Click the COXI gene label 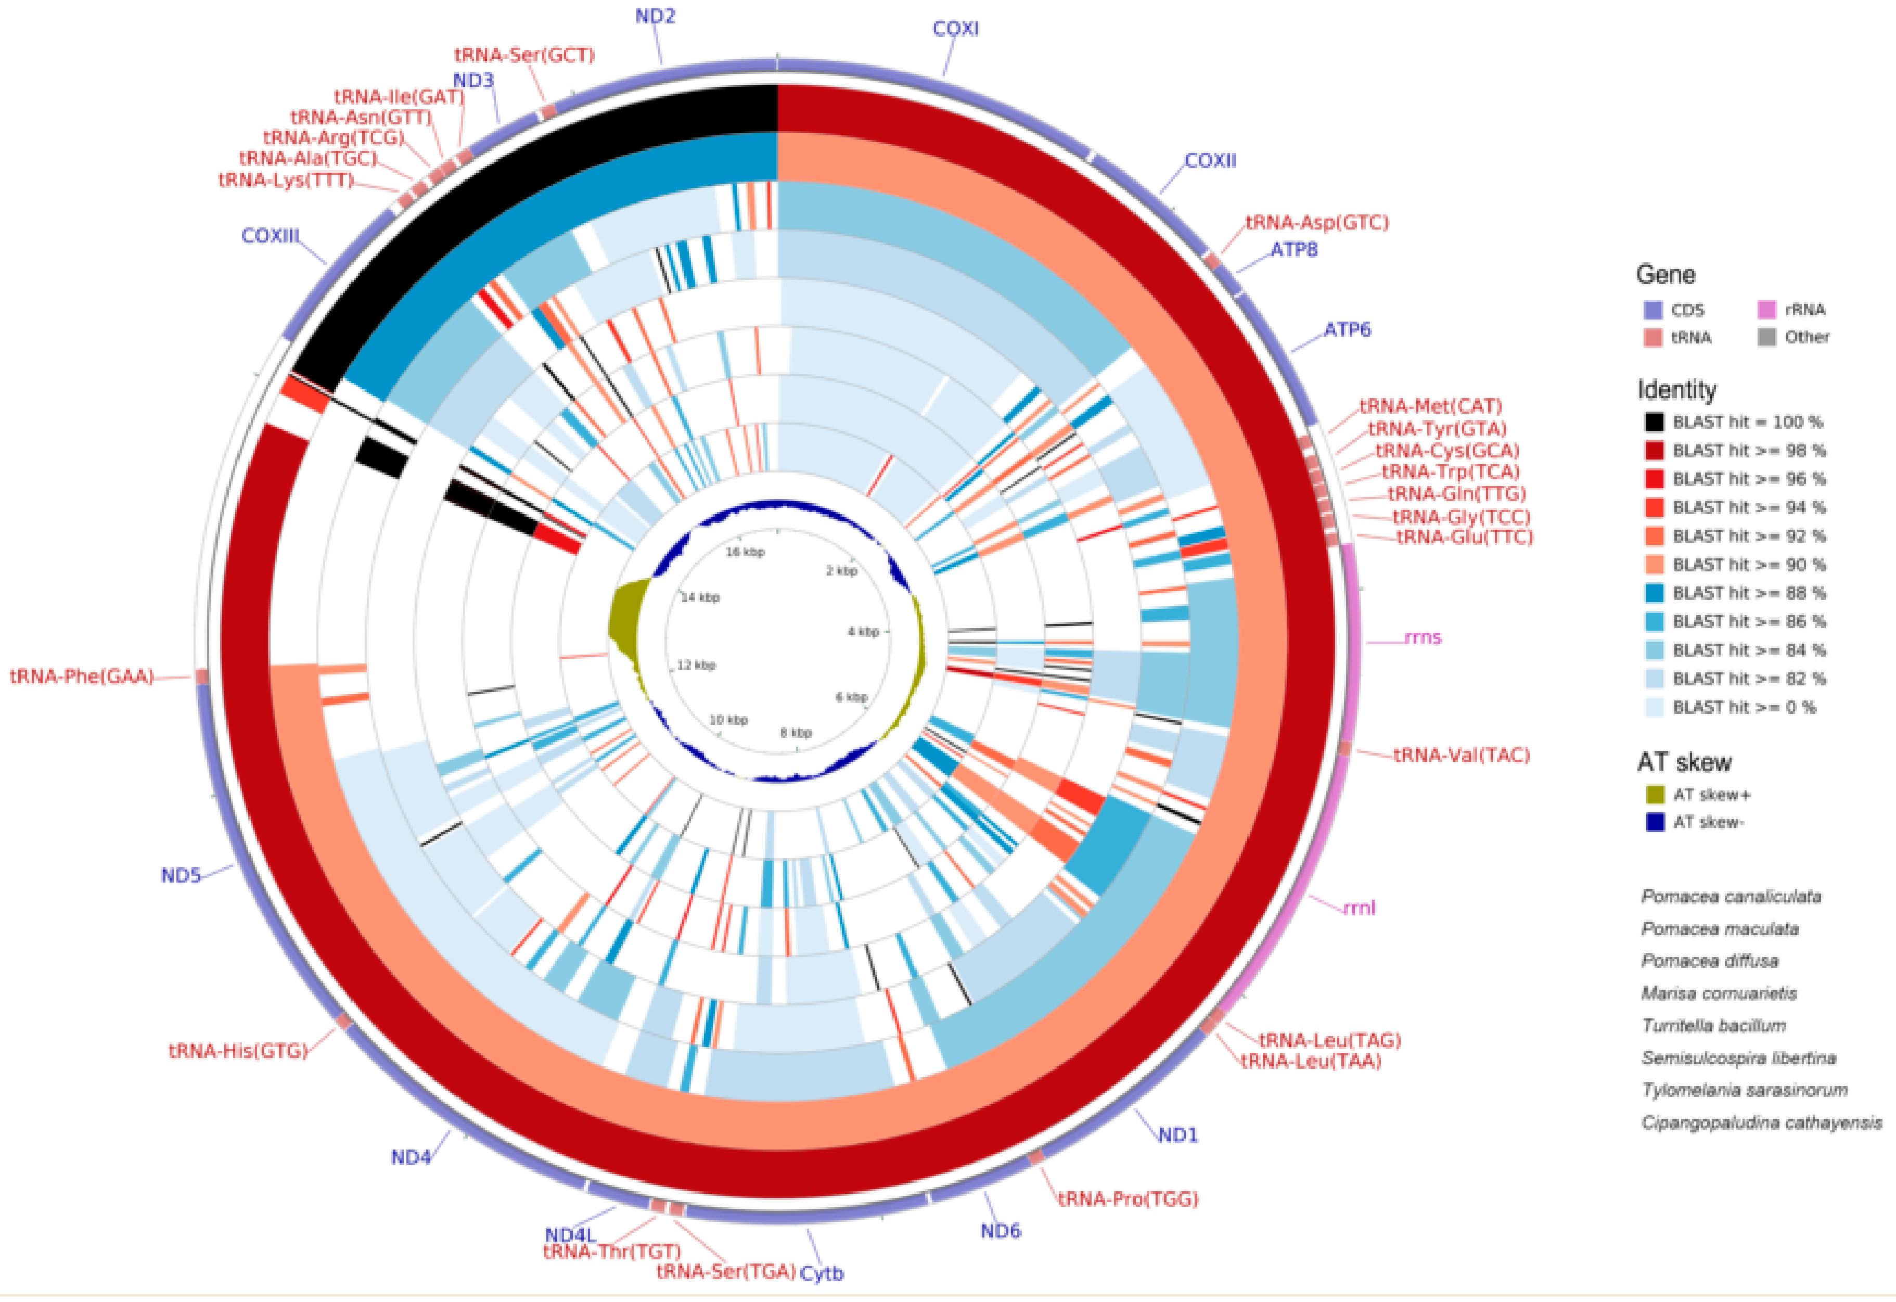pos(955,29)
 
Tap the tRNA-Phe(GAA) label pos(82,677)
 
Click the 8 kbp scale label pos(796,733)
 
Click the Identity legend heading pos(1676,390)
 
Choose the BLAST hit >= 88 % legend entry pos(1748,593)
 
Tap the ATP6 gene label pos(1347,329)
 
